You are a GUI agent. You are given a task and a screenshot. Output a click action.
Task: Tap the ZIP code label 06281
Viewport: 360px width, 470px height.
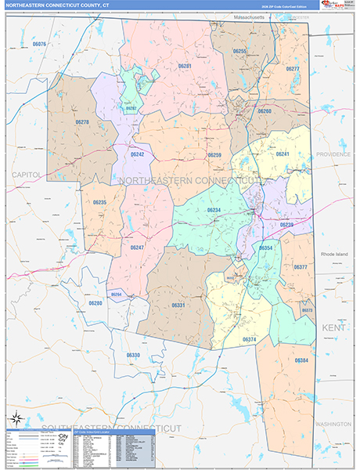point(185,67)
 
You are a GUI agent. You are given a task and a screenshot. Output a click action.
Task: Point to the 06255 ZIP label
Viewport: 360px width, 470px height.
point(240,51)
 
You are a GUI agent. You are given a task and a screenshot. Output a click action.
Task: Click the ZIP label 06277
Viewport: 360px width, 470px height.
point(293,69)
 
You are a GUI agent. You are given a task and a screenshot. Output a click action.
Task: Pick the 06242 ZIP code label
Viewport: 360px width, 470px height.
point(138,154)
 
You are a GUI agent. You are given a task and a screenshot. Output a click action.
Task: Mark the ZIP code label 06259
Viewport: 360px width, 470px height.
point(214,155)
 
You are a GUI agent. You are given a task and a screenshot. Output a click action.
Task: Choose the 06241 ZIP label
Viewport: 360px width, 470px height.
point(283,154)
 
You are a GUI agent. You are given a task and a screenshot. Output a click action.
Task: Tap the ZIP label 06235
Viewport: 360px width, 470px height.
point(99,202)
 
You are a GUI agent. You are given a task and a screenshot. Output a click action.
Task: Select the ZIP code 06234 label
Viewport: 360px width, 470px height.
point(213,210)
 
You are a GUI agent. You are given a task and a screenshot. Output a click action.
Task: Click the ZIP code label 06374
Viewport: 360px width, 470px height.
point(250,339)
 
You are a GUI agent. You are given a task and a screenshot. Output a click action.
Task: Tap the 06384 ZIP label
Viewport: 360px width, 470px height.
point(301,360)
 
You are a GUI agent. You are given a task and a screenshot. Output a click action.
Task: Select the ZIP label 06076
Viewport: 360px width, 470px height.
point(39,45)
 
